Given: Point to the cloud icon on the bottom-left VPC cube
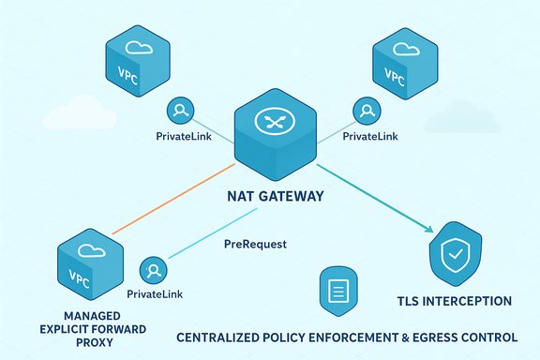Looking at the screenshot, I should coord(91,249).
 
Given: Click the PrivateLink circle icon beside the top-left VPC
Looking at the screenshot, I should coord(179,111).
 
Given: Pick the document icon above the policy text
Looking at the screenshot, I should coord(335,289).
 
